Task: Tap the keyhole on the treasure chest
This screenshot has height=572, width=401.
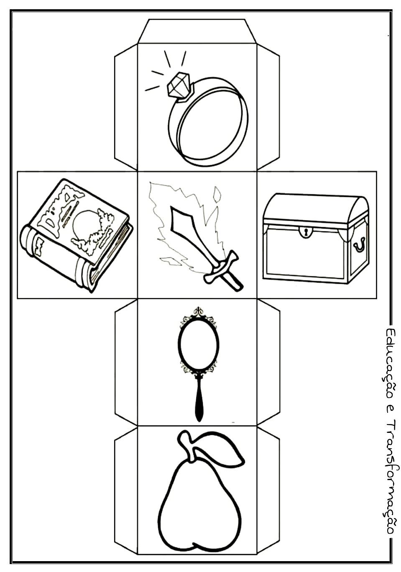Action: coord(306,231)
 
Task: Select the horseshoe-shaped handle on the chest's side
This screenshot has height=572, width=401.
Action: coord(359,244)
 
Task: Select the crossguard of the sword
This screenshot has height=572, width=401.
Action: coord(220,265)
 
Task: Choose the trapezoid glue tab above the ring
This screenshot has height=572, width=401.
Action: coord(197,31)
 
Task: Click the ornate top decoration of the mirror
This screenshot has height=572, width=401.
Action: coord(198,313)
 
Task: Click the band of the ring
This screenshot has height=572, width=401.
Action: coord(209,125)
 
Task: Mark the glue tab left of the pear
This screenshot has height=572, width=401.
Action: coord(126,489)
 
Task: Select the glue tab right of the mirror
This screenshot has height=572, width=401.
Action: coord(268,362)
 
